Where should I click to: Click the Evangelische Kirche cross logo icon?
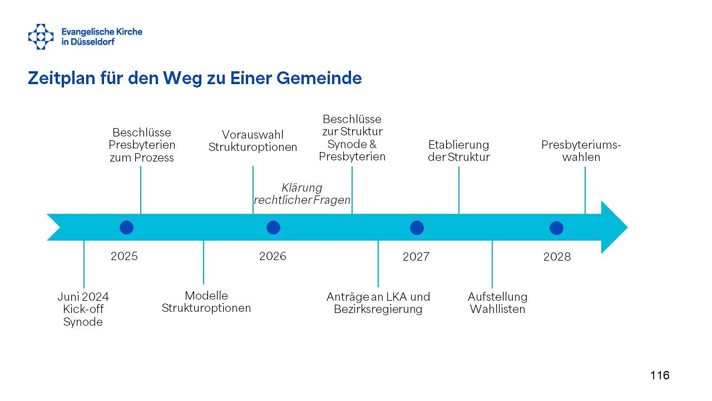[x=41, y=37]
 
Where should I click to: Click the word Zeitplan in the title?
[x=61, y=79]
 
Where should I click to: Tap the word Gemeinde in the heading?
[x=319, y=79]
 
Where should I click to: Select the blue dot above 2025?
[x=126, y=228]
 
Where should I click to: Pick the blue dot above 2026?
[x=273, y=228]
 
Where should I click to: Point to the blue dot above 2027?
[x=417, y=228]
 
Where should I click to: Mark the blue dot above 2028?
[x=556, y=228]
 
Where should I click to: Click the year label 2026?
[x=273, y=256]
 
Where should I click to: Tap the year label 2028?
[x=557, y=257]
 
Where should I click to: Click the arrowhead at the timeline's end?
[x=614, y=227]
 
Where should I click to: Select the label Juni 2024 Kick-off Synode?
[x=83, y=309]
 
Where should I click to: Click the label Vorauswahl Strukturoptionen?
[x=253, y=141]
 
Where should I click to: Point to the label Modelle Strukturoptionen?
[x=206, y=302]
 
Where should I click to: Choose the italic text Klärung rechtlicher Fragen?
[x=302, y=193]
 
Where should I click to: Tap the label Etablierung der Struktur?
[x=459, y=151]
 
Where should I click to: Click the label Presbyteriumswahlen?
[x=581, y=151]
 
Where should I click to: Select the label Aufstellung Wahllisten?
[x=497, y=302]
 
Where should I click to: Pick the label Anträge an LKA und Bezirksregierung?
[x=378, y=302]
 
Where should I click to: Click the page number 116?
[x=660, y=375]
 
